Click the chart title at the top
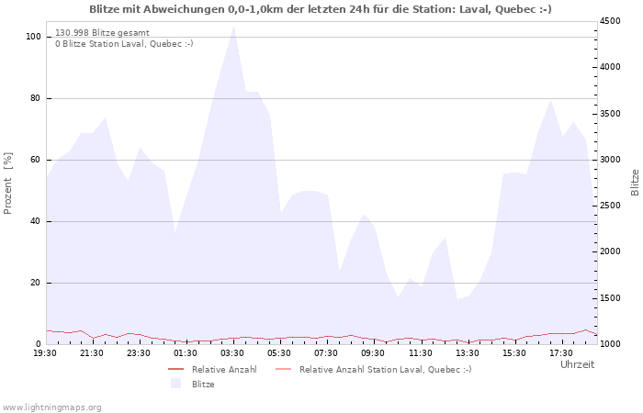pyautogui.click(x=321, y=9)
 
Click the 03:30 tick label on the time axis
pyautogui.click(x=232, y=353)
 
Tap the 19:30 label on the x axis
pyautogui.click(x=45, y=353)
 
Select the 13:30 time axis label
pyautogui.click(x=467, y=353)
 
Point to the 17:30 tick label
pyautogui.click(x=561, y=353)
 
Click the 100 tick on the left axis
pyautogui.click(x=33, y=37)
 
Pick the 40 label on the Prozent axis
pyautogui.click(x=35, y=222)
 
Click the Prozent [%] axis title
pyautogui.click(x=7, y=184)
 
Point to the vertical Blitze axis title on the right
pyautogui.click(x=635, y=183)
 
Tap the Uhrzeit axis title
pyautogui.click(x=577, y=364)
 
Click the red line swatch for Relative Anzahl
pyautogui.click(x=176, y=370)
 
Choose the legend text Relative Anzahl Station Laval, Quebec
pyautogui.click(x=386, y=370)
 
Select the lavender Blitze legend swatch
pyautogui.click(x=176, y=384)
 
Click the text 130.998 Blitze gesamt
pyautogui.click(x=102, y=33)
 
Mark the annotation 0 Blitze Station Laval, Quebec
pyautogui.click(x=124, y=44)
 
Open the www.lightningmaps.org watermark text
pyautogui.click(x=51, y=407)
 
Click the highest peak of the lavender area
pyautogui.click(x=233, y=27)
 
